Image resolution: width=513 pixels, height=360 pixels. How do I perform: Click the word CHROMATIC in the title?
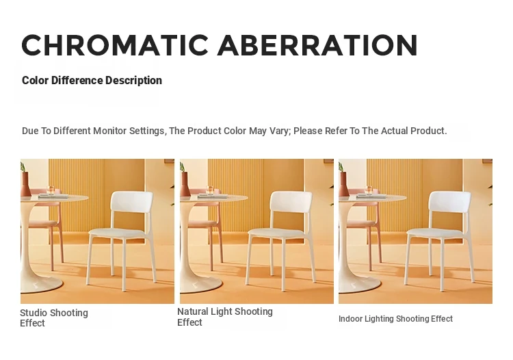click(x=115, y=45)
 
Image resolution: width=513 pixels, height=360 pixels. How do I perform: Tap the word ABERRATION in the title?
click(x=317, y=45)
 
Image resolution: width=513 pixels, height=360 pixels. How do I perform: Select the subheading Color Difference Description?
click(x=92, y=80)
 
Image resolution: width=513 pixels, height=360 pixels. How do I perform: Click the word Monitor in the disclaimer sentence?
click(x=110, y=131)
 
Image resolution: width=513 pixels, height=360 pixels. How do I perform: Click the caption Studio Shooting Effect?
click(x=54, y=318)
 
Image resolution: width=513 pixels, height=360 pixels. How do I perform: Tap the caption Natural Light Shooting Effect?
click(x=225, y=317)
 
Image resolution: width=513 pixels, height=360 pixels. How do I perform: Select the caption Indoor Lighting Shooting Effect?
click(x=395, y=319)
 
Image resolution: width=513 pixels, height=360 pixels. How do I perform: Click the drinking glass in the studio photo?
click(x=51, y=190)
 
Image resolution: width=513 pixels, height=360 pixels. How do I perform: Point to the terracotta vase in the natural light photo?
click(x=185, y=184)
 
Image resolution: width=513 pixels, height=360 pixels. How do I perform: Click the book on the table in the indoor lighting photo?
click(x=371, y=196)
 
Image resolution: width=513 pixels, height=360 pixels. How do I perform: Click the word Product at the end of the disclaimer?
click(x=429, y=131)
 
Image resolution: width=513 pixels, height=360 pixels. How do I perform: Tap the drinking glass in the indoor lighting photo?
click(x=369, y=190)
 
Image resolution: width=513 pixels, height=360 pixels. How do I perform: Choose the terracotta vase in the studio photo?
click(x=25, y=184)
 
